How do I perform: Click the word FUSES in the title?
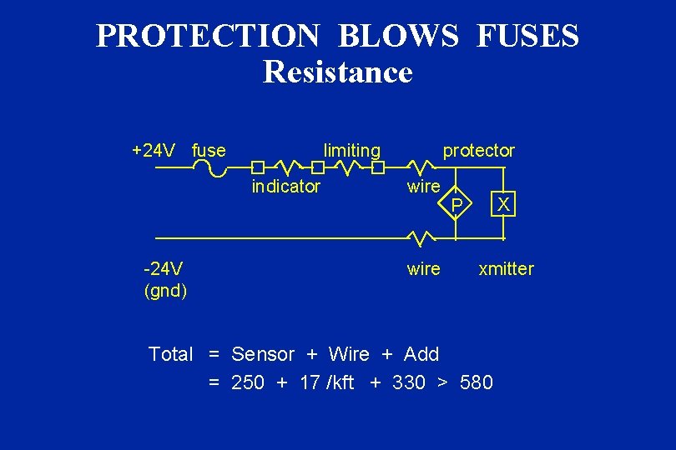528,36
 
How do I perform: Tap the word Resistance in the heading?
337,72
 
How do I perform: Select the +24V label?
154,151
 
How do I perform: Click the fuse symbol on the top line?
209,168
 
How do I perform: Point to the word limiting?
351,151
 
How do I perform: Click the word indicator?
285,187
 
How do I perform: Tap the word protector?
478,151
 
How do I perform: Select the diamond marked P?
456,203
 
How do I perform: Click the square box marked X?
504,203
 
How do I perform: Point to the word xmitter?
505,268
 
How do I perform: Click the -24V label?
164,268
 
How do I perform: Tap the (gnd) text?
165,291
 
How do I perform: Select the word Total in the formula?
170,354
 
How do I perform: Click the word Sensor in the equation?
263,354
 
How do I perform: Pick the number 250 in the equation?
248,382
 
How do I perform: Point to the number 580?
476,382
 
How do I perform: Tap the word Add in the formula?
421,354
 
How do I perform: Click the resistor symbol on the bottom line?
421,239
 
